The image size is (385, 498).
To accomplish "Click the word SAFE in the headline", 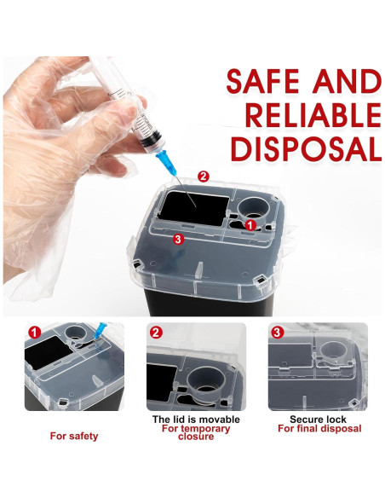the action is pos(263,81).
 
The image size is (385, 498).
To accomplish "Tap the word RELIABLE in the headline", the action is pos(313,115).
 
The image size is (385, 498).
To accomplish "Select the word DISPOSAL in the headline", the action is pos(306,149).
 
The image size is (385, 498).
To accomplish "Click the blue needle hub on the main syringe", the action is pos(165,162).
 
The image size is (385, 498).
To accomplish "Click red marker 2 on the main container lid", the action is pos(203,176).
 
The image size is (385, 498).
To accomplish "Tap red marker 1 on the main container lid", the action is pos(250,225).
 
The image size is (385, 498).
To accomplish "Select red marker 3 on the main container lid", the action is pos(178,239).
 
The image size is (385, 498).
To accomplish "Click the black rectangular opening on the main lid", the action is pos(193,209).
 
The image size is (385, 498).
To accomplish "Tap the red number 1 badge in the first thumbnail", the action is pos(35,333).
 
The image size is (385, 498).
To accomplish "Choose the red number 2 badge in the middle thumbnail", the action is pos(156,333).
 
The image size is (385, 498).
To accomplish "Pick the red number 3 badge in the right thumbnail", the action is pos(277,333).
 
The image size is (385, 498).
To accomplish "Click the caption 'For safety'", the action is pos(74,436).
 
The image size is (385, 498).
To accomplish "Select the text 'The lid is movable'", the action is pos(196,420).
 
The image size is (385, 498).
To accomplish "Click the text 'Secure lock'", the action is pos(318,420).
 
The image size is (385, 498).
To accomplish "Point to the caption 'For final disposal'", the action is pos(319,428).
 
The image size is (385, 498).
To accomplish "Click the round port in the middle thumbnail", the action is pos(206,382).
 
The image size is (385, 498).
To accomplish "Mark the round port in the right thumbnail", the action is pos(334,353).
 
